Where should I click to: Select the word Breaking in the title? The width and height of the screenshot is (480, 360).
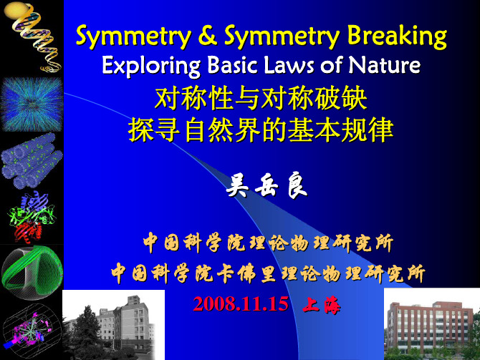tap(397, 37)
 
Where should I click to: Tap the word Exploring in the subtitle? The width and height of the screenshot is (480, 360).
tap(151, 66)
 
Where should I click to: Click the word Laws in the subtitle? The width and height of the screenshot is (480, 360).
tap(289, 64)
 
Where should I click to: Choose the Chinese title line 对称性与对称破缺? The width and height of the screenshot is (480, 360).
tap(261, 98)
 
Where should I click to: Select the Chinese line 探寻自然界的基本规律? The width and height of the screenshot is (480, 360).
tap(261, 130)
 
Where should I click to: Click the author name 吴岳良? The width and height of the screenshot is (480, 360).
tap(267, 185)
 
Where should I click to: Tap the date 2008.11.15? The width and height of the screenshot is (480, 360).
tap(241, 303)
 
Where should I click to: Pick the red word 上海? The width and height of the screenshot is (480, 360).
tap(321, 305)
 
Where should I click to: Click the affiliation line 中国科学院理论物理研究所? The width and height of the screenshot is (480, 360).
tap(268, 243)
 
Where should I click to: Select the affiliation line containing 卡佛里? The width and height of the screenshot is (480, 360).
tap(268, 273)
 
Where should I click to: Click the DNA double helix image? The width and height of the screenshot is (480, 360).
tap(33, 37)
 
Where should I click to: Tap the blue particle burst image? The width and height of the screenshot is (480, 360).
tap(32, 104)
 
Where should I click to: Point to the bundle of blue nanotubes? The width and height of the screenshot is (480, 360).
tap(32, 160)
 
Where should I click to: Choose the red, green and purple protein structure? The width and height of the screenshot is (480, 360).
tap(32, 217)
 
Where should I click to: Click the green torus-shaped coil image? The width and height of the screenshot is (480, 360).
tap(32, 272)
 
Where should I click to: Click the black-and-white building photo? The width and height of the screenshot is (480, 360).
tap(114, 325)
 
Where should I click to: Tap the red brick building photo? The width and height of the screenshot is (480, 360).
tap(432, 324)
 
